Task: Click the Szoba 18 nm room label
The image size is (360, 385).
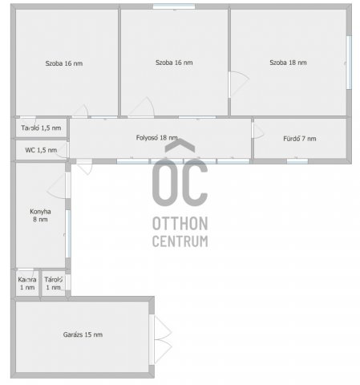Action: [288, 63]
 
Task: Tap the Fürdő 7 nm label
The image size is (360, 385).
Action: [300, 139]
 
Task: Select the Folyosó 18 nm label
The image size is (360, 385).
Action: [156, 138]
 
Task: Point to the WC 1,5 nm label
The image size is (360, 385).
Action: [41, 150]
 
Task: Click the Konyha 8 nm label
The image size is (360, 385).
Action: [40, 216]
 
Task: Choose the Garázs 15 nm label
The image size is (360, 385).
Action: [83, 334]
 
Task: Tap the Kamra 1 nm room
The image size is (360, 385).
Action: [27, 283]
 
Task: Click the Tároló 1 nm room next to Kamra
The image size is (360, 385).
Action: [54, 283]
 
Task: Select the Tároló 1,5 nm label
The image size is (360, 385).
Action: [41, 128]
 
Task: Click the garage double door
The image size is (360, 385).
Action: [160, 339]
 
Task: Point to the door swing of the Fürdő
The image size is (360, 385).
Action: [258, 132]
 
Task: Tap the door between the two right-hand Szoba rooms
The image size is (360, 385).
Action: [239, 84]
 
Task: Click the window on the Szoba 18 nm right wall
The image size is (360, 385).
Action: [349, 63]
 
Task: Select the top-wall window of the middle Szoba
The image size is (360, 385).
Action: [174, 6]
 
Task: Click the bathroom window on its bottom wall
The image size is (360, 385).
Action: [297, 161]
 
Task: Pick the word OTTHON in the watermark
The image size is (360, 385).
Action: [180, 224]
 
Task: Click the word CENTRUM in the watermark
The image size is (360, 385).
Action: [180, 241]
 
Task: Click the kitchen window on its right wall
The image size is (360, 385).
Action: [68, 233]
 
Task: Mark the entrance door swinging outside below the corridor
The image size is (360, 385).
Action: [84, 166]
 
